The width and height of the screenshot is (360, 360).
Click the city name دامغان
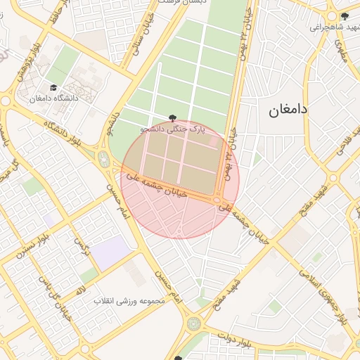tap(289, 110)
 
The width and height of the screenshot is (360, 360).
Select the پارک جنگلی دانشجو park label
tap(173, 129)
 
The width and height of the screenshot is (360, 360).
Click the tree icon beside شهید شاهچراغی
tap(344, 16)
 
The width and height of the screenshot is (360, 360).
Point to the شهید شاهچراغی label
tap(331, 27)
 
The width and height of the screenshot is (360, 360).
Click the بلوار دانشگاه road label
tap(70, 136)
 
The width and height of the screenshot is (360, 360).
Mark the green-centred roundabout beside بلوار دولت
tap(193, 324)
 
